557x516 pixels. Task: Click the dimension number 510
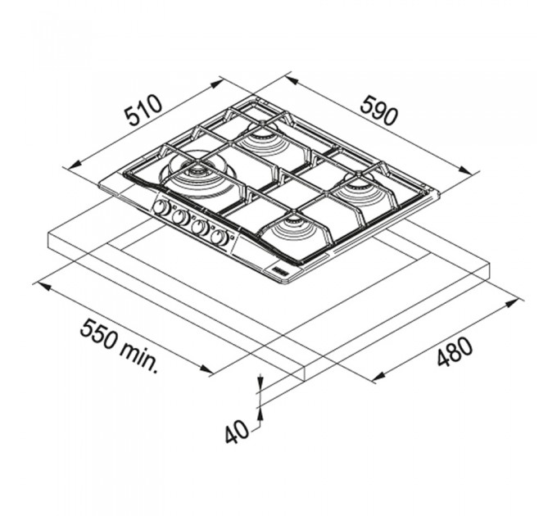[x=143, y=110]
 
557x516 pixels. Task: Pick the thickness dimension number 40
[x=238, y=431]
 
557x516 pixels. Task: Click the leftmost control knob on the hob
[x=162, y=208]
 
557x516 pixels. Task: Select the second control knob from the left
[x=181, y=217]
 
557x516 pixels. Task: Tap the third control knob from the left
[x=201, y=227]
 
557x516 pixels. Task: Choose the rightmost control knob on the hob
[x=220, y=237]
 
